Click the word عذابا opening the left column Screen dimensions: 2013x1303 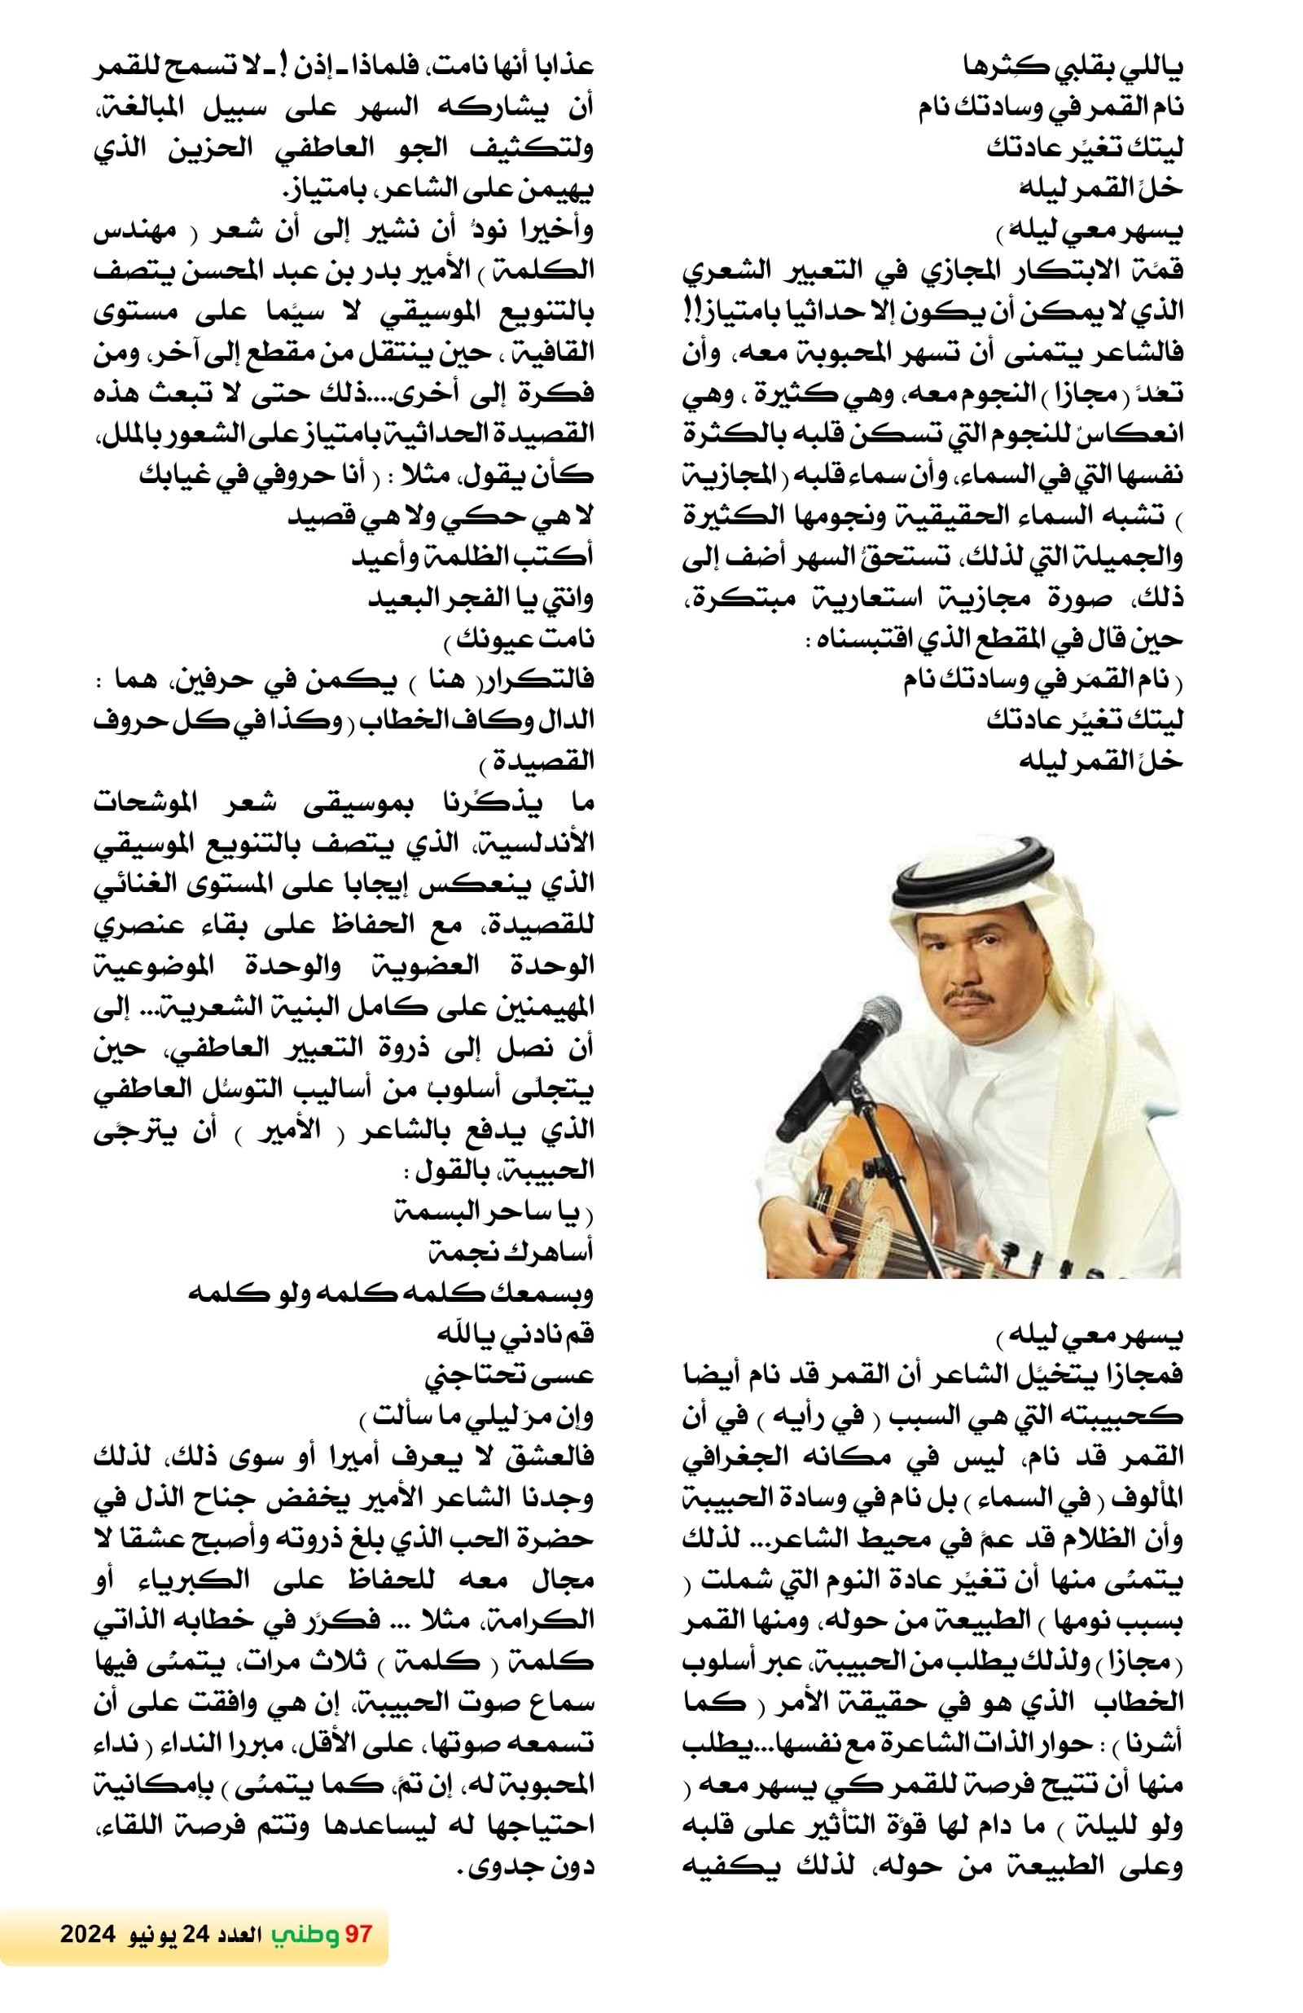pos(559,68)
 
